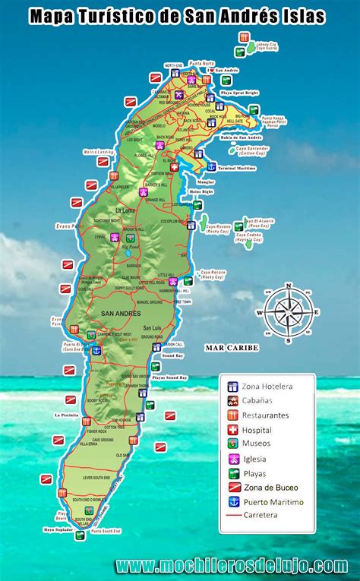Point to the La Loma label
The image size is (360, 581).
click(125, 210)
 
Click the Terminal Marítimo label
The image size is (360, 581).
click(238, 166)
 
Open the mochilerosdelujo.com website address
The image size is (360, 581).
click(232, 565)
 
